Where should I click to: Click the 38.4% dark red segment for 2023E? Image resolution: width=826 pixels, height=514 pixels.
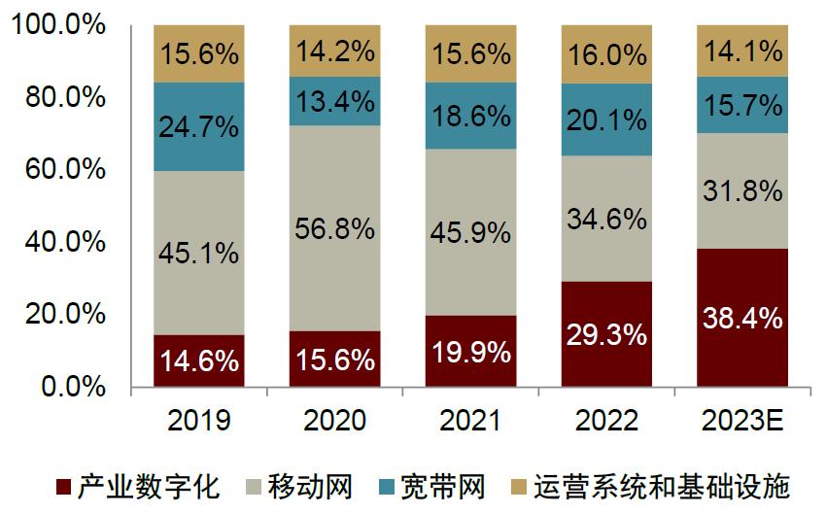pos(742,318)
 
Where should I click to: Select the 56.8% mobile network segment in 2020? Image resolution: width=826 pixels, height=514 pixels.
pos(335,228)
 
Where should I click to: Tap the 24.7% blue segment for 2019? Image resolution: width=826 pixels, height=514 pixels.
pos(199,126)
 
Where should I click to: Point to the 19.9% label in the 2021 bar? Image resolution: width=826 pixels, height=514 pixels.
pos(471,352)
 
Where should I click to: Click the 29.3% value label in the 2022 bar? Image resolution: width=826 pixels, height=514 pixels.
pos(606,335)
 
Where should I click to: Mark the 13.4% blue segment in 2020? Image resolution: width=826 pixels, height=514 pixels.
pos(335,101)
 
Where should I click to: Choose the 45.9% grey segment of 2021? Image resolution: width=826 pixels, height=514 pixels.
pos(471,231)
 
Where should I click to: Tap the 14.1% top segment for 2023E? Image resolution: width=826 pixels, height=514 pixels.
pos(742,51)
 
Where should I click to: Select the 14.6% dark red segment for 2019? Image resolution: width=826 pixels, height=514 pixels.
pos(199,361)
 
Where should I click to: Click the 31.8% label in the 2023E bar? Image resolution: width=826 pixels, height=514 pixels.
pos(742,190)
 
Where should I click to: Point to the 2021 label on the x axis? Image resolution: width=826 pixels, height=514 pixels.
pos(471,421)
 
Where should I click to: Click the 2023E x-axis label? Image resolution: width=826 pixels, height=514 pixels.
pos(742,421)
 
